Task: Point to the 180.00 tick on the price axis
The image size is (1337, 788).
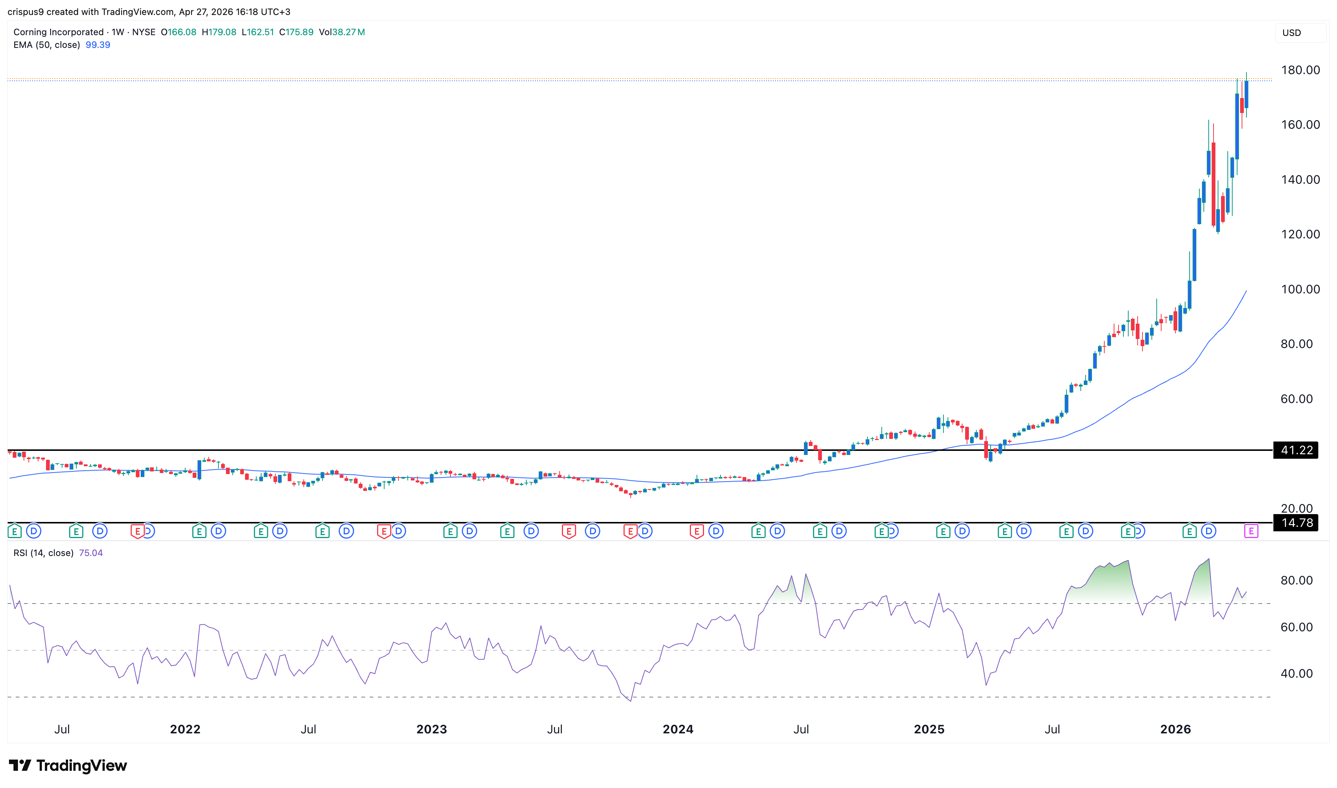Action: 1300,70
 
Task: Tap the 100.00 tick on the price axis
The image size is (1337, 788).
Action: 1300,289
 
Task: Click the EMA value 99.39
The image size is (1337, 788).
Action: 98,45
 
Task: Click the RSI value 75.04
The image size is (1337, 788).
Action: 91,553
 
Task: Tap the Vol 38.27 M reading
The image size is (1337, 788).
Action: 342,32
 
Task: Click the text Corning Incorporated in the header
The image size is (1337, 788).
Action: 58,32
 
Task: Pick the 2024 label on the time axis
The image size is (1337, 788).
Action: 678,729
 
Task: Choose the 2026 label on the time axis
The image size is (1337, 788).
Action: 1175,729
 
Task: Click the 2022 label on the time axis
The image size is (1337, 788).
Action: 185,729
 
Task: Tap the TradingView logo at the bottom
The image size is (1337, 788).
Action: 68,765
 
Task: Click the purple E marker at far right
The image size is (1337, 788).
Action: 1251,531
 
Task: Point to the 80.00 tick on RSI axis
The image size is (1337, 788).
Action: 1296,580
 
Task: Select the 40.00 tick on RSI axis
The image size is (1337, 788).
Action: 1296,673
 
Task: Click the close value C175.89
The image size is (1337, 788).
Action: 296,32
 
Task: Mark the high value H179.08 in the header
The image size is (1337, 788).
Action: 219,32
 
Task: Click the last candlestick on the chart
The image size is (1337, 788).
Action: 1246,95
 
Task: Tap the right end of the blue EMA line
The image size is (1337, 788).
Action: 1246,291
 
